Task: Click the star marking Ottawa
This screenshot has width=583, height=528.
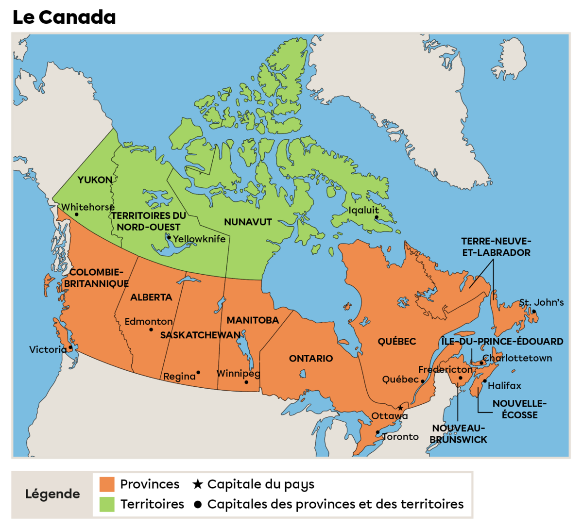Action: click(x=400, y=408)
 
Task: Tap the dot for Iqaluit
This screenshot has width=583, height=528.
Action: click(x=376, y=217)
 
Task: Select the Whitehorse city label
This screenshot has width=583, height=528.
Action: click(x=87, y=207)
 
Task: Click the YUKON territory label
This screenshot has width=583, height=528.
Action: click(x=95, y=180)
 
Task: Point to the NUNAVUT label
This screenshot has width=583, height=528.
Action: click(x=248, y=222)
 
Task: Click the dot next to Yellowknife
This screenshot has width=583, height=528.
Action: click(x=169, y=237)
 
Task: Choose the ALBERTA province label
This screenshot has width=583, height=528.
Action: click(x=151, y=297)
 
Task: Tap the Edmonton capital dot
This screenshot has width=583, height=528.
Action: click(x=151, y=330)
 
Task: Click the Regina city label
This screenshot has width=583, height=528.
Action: click(x=179, y=377)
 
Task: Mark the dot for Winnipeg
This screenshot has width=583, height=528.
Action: click(x=246, y=382)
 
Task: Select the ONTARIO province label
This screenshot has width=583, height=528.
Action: click(x=311, y=359)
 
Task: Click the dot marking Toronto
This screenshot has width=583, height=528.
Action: click(x=377, y=432)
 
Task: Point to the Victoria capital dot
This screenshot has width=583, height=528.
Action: click(x=70, y=347)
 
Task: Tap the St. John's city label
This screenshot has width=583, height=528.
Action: click(x=541, y=302)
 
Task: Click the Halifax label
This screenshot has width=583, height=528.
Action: click(x=504, y=386)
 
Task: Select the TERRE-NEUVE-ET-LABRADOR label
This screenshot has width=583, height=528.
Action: click(x=496, y=247)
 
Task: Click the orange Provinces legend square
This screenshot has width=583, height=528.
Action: click(x=107, y=484)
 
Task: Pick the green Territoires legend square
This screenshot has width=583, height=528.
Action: click(x=107, y=504)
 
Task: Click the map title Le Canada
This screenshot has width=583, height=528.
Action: click(x=64, y=17)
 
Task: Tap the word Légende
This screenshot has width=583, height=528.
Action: click(x=52, y=494)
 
